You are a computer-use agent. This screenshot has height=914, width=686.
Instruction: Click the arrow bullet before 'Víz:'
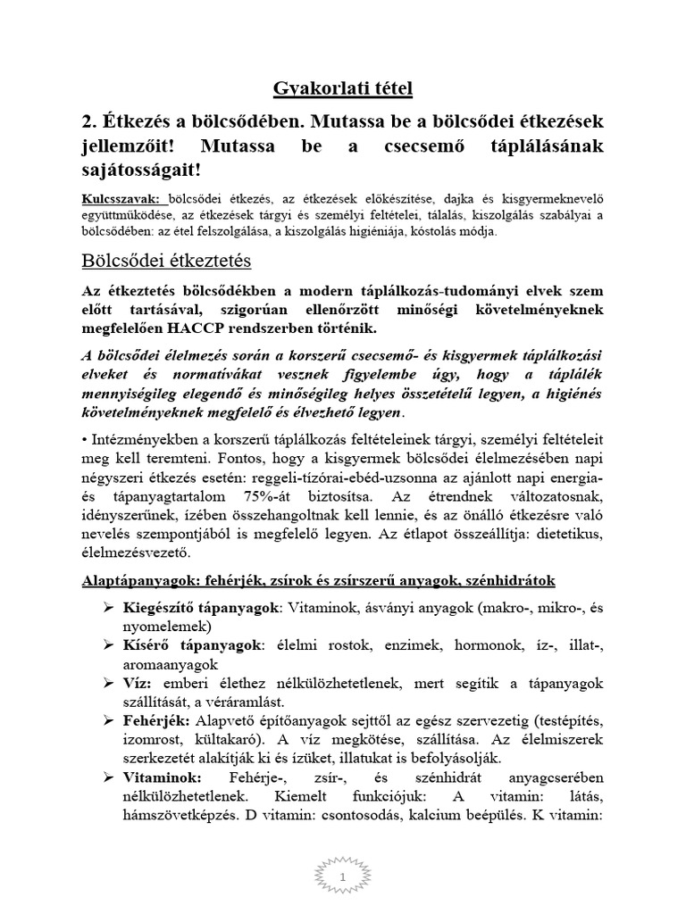[106, 682]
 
